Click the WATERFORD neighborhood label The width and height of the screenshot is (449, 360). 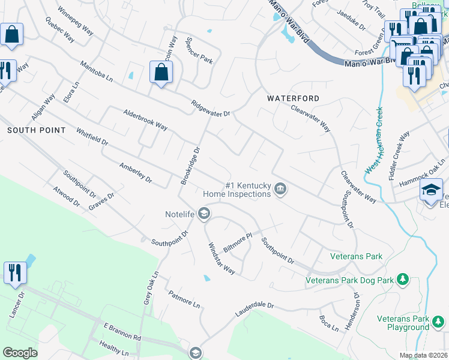[x=293, y=98]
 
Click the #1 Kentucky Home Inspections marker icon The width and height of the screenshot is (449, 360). [x=280, y=190]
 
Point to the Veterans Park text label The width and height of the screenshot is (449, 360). [x=357, y=256]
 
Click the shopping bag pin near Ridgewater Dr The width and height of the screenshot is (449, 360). [x=161, y=73]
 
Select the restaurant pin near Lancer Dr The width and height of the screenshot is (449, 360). [x=15, y=272]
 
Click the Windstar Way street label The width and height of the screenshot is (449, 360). [x=221, y=258]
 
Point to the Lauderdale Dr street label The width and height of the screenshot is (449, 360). [x=254, y=310]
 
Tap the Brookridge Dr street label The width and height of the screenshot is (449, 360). [x=190, y=165]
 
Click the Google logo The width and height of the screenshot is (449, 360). [x=20, y=353]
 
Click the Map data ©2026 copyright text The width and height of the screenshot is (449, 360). [x=423, y=356]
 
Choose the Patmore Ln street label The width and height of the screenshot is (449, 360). [x=184, y=299]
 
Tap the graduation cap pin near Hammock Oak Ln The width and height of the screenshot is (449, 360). [x=430, y=190]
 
